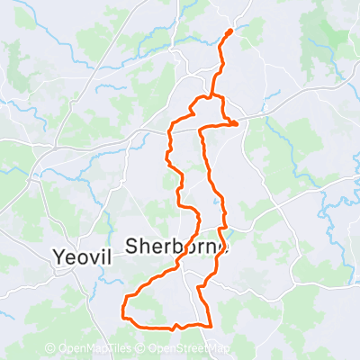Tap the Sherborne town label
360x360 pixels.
coord(177,245)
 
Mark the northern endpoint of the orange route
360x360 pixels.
coord(229,31)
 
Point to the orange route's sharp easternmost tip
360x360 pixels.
coord(238,124)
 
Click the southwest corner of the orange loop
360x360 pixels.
coord(123,312)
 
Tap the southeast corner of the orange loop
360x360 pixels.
coord(210,325)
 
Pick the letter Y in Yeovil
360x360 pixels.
coord(58,255)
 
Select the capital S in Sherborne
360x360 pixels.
coord(131,245)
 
